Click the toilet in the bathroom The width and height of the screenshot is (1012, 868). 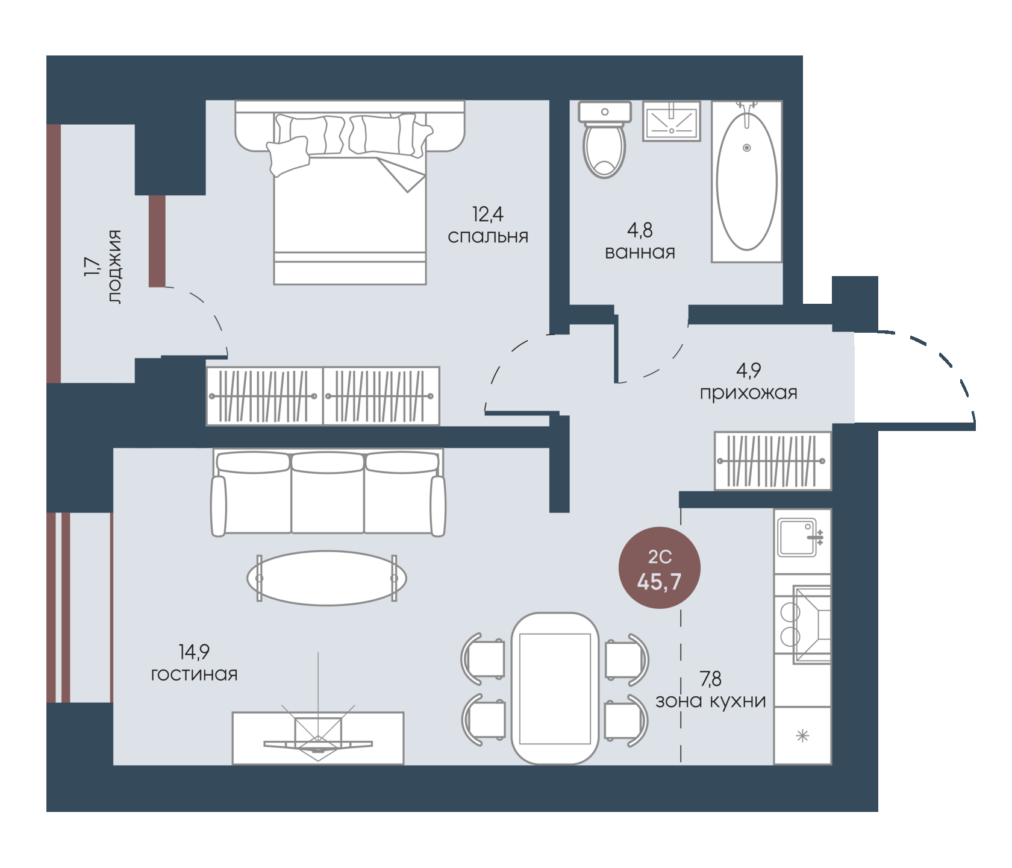point(604,139)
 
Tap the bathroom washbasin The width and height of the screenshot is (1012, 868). point(672,121)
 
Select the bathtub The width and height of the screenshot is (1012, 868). point(747,181)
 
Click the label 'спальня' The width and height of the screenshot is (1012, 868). point(488,237)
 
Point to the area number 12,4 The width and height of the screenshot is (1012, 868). point(487,214)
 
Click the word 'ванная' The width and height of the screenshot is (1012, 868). point(640,252)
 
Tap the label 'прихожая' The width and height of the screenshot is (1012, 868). point(748,393)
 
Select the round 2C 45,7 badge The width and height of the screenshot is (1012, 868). point(660,568)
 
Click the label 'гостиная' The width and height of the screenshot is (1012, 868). point(194,675)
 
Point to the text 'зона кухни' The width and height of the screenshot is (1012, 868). point(711,701)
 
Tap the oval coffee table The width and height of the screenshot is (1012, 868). point(326,578)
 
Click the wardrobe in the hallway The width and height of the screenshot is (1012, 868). point(773,461)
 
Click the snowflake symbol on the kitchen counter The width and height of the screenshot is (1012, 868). point(802,735)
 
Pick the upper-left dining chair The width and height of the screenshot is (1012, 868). point(483,658)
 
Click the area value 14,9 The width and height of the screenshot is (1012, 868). point(194,652)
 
